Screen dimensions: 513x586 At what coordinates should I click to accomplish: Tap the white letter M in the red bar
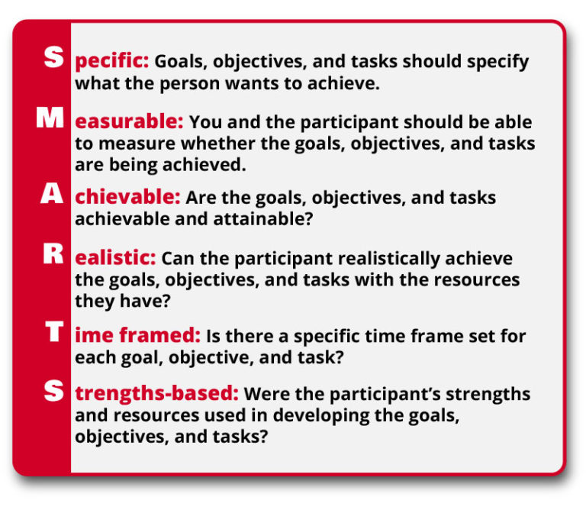tap(50, 119)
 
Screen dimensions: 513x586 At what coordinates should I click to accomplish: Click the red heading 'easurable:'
tap(129, 122)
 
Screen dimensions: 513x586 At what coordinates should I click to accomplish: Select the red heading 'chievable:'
tap(127, 198)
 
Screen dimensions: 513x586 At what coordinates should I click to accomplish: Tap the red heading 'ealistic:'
tap(115, 259)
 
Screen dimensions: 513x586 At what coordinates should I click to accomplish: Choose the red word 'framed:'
tap(167, 335)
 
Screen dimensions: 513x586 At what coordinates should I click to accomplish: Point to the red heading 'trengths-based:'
tap(156, 395)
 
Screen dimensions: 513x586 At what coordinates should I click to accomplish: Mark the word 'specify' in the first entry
tap(499, 63)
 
